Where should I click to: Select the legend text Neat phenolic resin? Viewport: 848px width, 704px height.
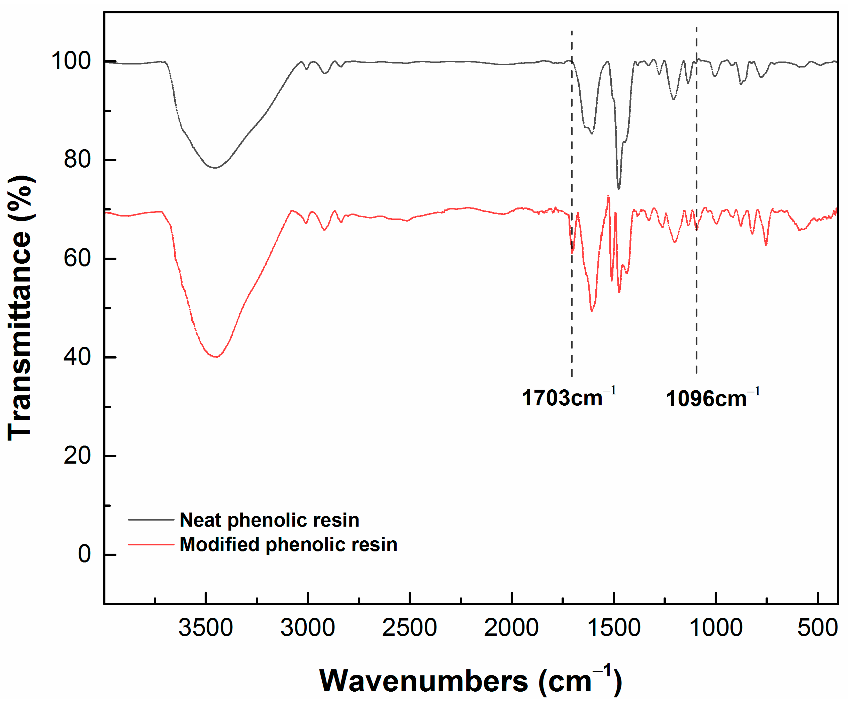click(269, 520)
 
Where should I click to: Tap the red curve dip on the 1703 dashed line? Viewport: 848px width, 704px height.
click(572, 252)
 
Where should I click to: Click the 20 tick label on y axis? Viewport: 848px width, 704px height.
click(77, 456)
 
